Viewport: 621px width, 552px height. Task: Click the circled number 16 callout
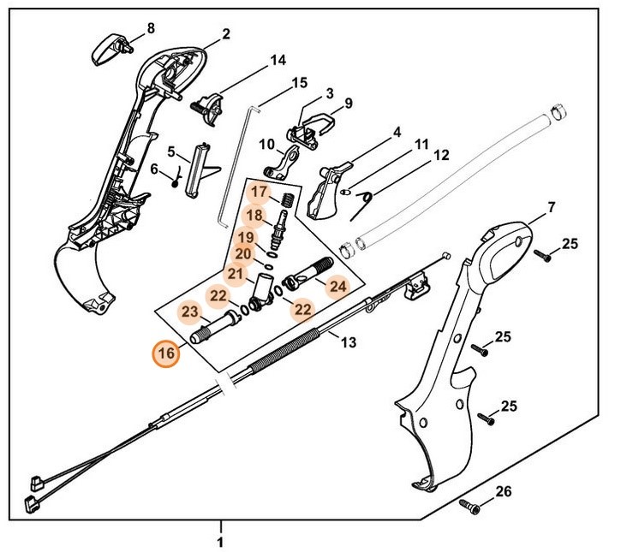pos(165,353)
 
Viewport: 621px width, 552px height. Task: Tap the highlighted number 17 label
pos(260,192)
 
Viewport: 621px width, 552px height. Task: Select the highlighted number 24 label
pos(337,287)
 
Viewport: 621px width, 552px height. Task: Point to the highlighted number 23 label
pos(190,312)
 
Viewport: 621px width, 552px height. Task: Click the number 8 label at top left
pos(151,28)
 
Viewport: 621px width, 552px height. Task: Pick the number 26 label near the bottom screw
pos(503,491)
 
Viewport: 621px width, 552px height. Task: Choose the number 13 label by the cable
pos(347,343)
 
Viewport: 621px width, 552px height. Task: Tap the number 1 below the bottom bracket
pos(220,542)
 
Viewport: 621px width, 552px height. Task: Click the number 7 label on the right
pos(551,207)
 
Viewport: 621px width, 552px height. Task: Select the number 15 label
pos(299,83)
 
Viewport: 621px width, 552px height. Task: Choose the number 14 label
pos(278,61)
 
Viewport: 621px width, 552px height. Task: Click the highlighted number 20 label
pos(242,254)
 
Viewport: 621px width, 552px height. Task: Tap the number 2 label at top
pos(226,35)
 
